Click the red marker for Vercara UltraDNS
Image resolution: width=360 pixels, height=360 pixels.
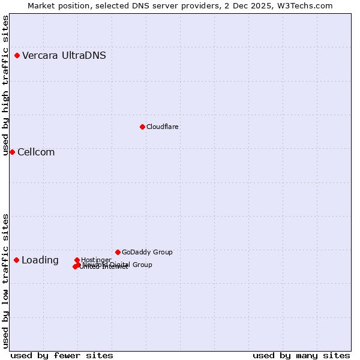[17, 56]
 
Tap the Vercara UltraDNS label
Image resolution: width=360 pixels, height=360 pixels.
[64, 56]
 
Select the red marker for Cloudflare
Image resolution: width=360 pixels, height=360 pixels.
[142, 127]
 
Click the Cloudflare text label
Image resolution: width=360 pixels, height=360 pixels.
[162, 127]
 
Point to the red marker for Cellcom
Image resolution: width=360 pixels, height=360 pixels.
[12, 152]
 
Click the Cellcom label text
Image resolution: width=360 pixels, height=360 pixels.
[36, 152]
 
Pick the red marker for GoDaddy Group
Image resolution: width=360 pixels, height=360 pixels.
[118, 252]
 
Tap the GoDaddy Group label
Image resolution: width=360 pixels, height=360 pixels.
[147, 252]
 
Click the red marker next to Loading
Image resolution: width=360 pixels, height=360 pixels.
[16, 260]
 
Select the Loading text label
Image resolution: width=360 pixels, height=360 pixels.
[40, 260]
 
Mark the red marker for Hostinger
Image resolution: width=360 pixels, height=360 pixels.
[77, 260]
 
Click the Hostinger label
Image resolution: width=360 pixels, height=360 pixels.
[97, 260]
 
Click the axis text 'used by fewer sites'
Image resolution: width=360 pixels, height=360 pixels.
[62, 355]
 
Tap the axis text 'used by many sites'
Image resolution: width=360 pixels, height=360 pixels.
[301, 355]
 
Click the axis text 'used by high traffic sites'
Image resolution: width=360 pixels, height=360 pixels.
[6, 86]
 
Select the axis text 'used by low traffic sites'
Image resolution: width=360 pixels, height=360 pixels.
[6, 281]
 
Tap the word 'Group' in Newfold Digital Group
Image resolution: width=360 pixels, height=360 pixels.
[141, 265]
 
